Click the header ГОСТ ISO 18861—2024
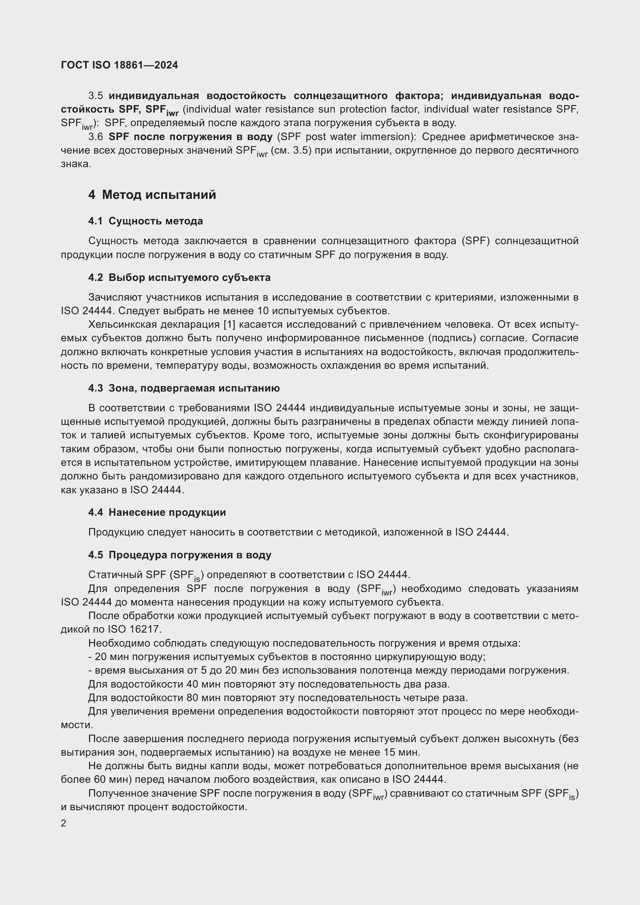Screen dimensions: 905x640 pyautogui.click(x=120, y=65)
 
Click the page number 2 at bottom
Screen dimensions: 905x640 pyautogui.click(x=63, y=823)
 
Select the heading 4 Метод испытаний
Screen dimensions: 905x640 pyautogui.click(x=152, y=195)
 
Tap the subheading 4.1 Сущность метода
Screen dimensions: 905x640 pyautogui.click(x=145, y=221)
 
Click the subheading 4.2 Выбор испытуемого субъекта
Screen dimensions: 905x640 pyautogui.click(x=179, y=277)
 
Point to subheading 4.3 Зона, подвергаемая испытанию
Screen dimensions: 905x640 pyautogui.click(x=184, y=388)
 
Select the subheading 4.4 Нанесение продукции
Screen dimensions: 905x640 pyautogui.click(x=157, y=512)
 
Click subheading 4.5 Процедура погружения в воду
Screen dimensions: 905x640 pyautogui.click(x=180, y=555)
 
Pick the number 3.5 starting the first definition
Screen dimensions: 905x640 pyautogui.click(x=95, y=96)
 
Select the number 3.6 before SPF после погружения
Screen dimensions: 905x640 pyautogui.click(x=95, y=137)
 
